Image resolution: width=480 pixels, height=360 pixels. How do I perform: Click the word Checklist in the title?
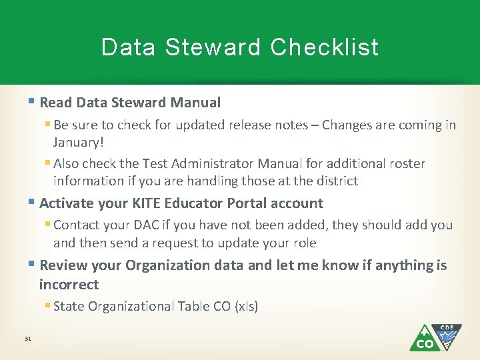325,47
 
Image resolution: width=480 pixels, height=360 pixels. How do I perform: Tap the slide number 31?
27,339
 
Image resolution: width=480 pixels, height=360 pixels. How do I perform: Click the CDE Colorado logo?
435,337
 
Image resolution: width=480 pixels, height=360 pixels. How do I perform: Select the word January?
79,142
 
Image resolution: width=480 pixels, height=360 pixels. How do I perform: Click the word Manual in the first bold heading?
195,103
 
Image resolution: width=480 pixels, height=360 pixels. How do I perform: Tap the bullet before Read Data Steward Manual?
33,103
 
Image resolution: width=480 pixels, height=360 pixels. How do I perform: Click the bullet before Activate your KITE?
33,203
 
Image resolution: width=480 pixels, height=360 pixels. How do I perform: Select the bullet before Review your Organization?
33,265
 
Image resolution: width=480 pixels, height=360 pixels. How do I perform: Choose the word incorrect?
69,285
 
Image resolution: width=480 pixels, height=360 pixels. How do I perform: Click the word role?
304,243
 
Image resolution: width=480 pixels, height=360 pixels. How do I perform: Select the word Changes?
348,125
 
